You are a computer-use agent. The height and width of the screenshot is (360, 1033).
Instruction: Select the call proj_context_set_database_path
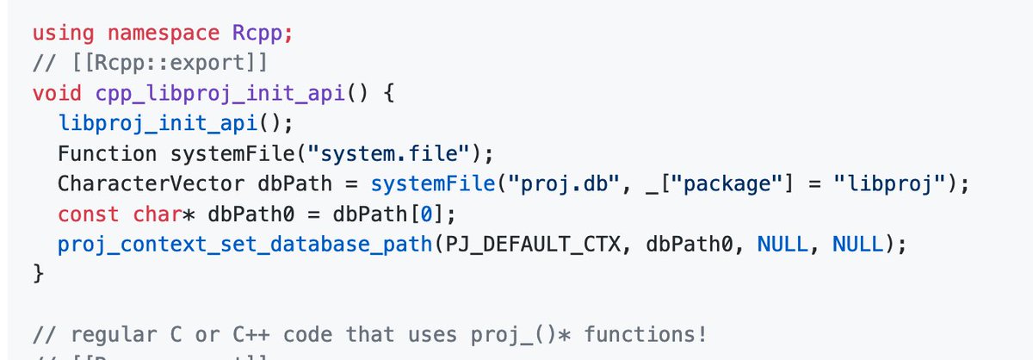pyautogui.click(x=244, y=244)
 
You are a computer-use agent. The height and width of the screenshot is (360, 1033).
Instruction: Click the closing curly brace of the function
pyautogui.click(x=38, y=274)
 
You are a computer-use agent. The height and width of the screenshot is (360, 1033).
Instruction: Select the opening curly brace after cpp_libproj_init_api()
pyautogui.click(x=388, y=93)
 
